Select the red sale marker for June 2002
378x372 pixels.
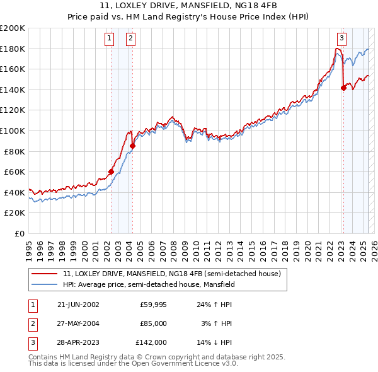[111, 171]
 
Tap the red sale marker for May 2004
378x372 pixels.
[132, 146]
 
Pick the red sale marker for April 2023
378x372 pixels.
[343, 88]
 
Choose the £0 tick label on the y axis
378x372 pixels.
[19, 233]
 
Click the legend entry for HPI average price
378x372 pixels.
[149, 284]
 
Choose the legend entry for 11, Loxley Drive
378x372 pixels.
[175, 274]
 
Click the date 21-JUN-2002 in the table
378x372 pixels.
[78, 305]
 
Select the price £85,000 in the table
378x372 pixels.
[152, 323]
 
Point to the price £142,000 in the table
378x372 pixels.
[151, 342]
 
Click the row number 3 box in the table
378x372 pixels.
[32, 342]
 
